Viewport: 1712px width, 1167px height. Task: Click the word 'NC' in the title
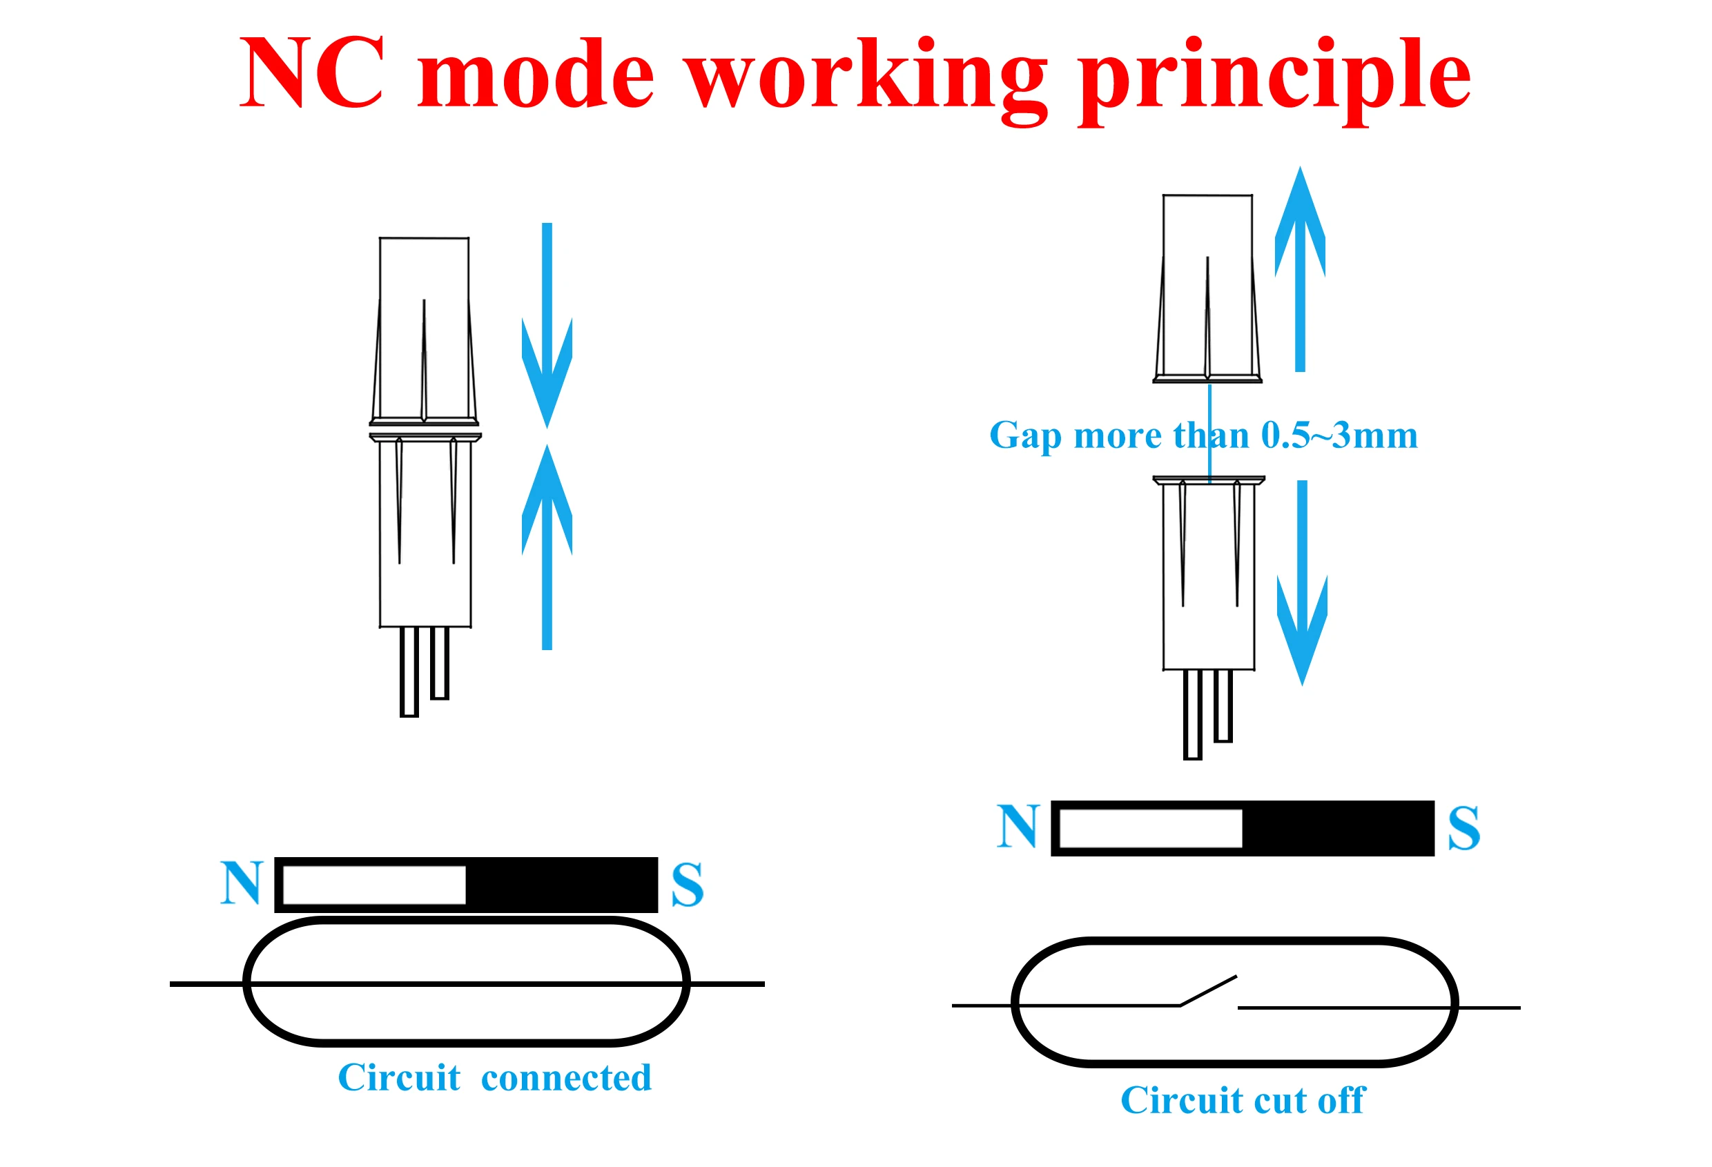point(311,73)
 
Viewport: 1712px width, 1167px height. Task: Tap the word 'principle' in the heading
point(1274,77)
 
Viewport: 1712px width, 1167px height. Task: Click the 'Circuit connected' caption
point(494,1078)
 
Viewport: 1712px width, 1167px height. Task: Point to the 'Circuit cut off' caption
point(1243,1101)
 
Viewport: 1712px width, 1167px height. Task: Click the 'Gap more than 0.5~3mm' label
point(1203,436)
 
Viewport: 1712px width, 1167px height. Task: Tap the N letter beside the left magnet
point(241,883)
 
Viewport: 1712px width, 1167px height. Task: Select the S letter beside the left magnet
point(687,885)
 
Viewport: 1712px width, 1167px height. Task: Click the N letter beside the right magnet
point(1018,826)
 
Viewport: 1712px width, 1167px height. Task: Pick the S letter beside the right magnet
point(1463,828)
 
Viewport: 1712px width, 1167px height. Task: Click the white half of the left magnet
point(373,884)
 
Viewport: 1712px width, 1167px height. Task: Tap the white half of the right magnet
point(1150,828)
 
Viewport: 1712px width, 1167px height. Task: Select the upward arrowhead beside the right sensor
point(1300,221)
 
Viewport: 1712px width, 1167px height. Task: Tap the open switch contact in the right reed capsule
point(1208,991)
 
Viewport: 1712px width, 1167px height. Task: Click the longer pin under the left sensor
point(409,671)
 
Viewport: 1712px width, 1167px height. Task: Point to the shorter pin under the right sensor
point(1223,705)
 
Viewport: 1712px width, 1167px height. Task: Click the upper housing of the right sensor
point(1207,287)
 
